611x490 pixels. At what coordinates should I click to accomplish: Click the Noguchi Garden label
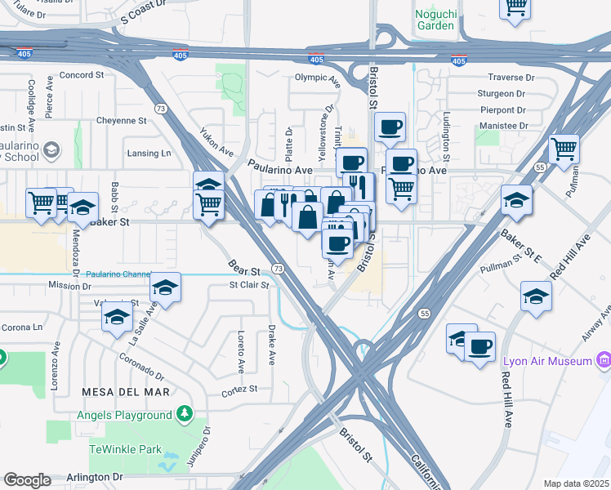(434, 19)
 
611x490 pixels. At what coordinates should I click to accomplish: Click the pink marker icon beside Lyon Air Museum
(604, 360)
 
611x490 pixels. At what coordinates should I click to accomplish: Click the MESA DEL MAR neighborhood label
(126, 392)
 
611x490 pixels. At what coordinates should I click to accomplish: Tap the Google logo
(27, 480)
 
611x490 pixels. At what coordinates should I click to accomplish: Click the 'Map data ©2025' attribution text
(576, 483)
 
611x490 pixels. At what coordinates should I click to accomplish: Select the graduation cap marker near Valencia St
(118, 316)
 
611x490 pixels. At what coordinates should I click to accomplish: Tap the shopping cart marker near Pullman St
(564, 150)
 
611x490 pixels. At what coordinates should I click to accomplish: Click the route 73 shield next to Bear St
(279, 269)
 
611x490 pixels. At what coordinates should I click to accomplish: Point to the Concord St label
(81, 74)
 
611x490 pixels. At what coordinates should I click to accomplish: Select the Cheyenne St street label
(121, 120)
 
